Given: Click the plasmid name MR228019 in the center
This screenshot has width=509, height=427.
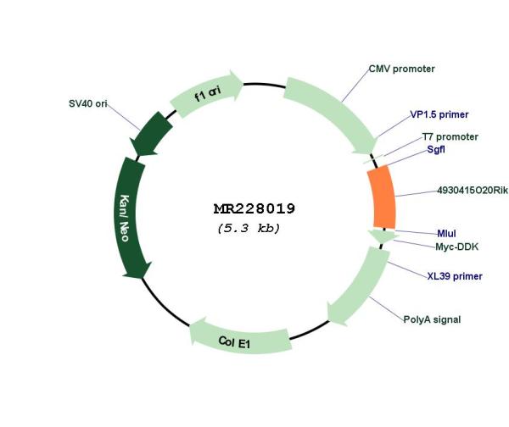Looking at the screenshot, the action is click(x=255, y=208).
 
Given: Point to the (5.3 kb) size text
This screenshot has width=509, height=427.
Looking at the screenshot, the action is click(x=249, y=228).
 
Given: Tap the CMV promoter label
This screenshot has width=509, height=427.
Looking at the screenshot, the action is click(x=401, y=69).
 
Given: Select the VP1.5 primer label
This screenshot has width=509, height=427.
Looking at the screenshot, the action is click(x=439, y=114).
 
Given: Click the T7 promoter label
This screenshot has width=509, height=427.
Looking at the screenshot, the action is click(x=450, y=136).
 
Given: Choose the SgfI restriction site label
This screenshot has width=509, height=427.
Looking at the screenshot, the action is click(x=436, y=149).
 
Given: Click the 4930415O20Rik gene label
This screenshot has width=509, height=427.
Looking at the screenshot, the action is click(x=473, y=191).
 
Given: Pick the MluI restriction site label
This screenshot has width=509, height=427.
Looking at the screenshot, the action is click(x=446, y=234).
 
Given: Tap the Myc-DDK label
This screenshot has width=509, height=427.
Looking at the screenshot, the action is click(x=456, y=247).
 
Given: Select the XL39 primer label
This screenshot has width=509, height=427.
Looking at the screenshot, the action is click(x=455, y=276).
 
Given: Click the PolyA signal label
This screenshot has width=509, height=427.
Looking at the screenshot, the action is click(x=432, y=319).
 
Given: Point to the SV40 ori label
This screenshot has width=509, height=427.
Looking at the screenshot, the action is click(x=87, y=103).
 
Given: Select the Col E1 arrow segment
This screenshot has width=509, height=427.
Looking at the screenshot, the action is click(x=239, y=338).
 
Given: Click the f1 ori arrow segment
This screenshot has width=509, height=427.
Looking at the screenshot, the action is click(x=207, y=93).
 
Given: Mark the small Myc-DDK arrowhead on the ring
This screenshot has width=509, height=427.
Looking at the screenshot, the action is click(x=383, y=236).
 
